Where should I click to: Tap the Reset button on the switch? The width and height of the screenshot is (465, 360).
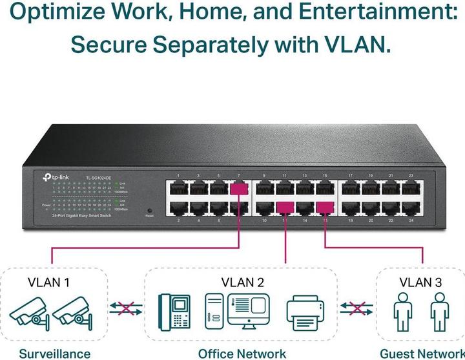150,211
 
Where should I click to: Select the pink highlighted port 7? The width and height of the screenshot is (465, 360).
238,189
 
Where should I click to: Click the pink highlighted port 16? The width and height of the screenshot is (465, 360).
325,207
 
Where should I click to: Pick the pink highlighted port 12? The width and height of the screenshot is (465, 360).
285,207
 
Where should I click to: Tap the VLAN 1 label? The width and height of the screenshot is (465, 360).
49,282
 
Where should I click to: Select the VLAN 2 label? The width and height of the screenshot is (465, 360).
242,282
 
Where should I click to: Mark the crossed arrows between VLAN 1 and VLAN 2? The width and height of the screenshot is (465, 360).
125,308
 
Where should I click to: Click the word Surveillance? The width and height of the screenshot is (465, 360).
54,353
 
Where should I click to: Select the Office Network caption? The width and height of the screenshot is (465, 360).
242,353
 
